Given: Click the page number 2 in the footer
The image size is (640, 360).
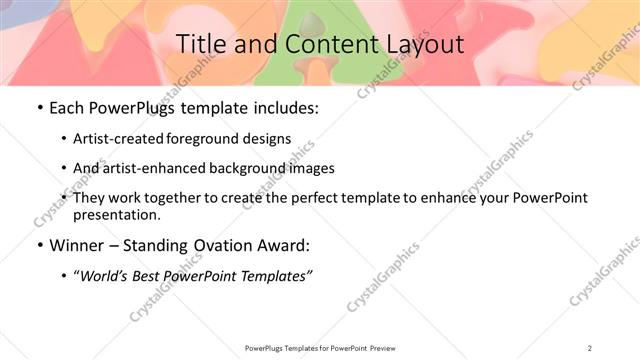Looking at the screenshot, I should pyautogui.click(x=590, y=347).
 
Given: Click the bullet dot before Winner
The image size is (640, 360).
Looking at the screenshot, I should pyautogui.click(x=38, y=245).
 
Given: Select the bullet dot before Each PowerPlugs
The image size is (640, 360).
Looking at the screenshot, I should pyautogui.click(x=38, y=108).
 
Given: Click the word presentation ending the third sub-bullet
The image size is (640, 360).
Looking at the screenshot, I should pyautogui.click(x=115, y=214).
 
